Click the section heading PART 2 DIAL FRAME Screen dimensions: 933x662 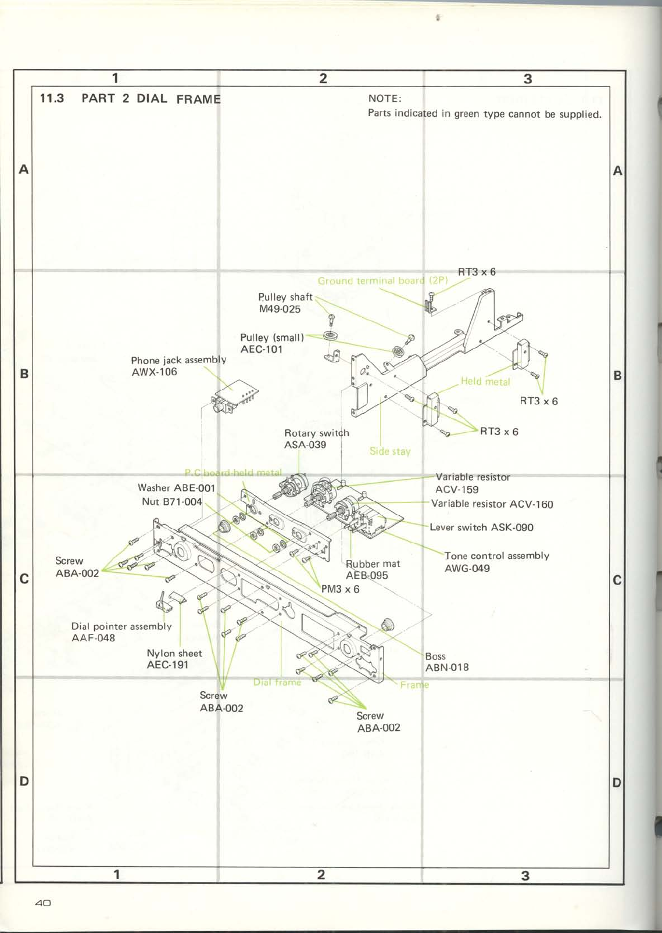(151, 99)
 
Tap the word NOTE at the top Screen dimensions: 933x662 (384, 99)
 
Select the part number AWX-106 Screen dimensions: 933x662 (154, 372)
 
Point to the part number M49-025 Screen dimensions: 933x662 (280, 309)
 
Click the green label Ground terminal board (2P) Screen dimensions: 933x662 (382, 281)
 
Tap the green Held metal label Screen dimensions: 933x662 (485, 382)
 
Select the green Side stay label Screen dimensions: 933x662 (389, 451)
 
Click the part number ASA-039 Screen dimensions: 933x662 (305, 445)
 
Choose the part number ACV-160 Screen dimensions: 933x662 (531, 504)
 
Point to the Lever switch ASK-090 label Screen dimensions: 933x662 (481, 527)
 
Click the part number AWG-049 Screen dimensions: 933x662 (467, 568)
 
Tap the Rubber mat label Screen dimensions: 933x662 (373, 564)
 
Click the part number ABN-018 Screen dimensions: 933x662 (446, 668)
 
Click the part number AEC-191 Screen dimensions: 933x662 (167, 665)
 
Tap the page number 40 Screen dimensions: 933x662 (43, 903)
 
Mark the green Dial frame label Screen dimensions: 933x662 (277, 682)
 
